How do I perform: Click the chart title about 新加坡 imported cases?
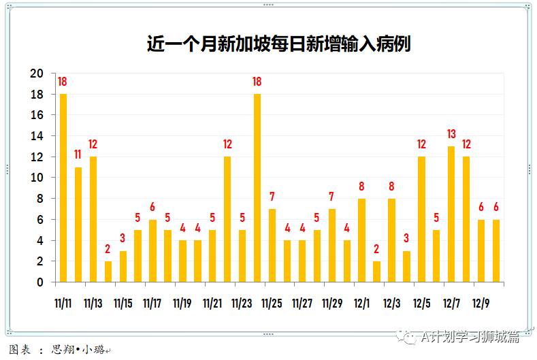278,44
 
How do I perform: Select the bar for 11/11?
63,188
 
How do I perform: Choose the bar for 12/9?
481,250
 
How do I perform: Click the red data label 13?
451,134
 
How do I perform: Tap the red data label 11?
78,155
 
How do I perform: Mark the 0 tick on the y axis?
39,282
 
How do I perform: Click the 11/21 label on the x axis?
213,303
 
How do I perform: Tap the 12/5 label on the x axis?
421,303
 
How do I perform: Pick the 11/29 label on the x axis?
332,303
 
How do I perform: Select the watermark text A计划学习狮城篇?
469,336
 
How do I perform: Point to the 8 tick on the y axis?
39,199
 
